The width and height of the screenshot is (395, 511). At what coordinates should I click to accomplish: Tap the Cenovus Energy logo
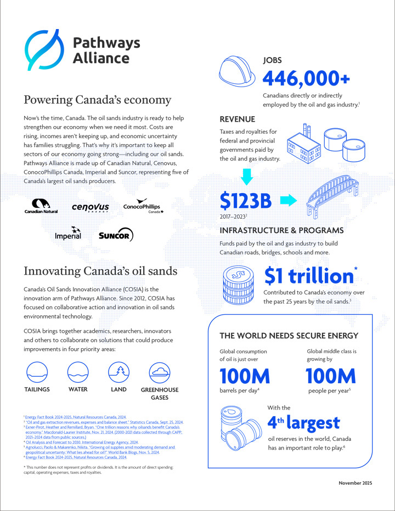(x=90, y=208)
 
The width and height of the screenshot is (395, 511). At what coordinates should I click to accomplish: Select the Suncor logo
(x=116, y=236)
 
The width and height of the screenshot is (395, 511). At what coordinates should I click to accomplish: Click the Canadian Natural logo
(x=41, y=207)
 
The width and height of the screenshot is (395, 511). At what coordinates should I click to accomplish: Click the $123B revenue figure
(x=246, y=201)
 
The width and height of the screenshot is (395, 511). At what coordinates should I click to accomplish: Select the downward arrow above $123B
(x=247, y=177)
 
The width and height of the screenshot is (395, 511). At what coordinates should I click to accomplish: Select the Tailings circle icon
(x=37, y=372)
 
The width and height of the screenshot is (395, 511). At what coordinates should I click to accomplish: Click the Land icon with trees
(x=119, y=372)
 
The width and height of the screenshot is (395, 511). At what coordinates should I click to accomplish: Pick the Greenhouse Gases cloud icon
(x=160, y=372)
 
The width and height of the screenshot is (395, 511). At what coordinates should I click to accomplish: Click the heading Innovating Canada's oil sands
(x=100, y=271)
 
